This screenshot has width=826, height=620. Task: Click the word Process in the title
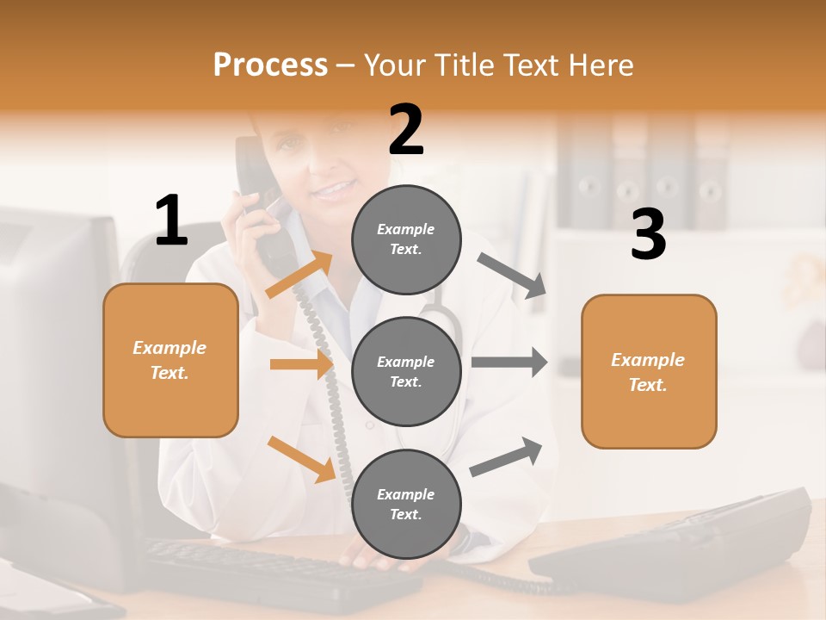click(x=270, y=65)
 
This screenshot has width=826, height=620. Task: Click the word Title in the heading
click(x=464, y=65)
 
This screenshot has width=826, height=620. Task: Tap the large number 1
click(x=171, y=221)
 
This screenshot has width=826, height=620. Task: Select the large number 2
click(x=406, y=131)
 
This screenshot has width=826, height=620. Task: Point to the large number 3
click(x=648, y=235)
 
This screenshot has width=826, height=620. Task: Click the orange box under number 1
click(x=170, y=360)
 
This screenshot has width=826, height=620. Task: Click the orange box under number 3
click(x=649, y=371)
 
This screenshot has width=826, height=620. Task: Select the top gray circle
click(x=406, y=239)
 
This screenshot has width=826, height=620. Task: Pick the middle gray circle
click(x=406, y=371)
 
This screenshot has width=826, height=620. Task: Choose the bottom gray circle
click(x=406, y=504)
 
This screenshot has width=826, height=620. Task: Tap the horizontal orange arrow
click(x=301, y=364)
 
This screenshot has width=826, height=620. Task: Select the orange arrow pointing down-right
click(x=301, y=459)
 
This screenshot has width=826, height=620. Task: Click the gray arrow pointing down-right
click(x=513, y=276)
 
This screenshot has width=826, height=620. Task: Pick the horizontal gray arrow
click(x=509, y=362)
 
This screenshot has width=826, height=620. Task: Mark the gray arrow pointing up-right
click(x=506, y=457)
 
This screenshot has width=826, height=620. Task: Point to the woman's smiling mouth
click(x=337, y=187)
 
